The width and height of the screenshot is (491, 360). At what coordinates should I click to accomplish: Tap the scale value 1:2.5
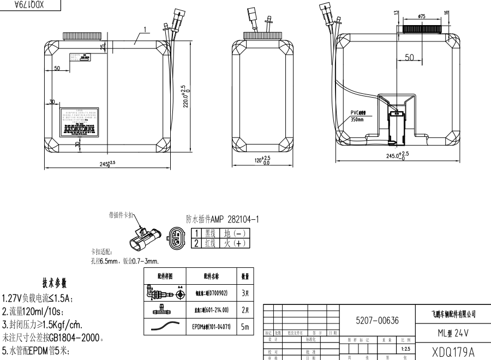(405, 347)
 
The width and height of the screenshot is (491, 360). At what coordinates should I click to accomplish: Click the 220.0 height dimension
(184, 97)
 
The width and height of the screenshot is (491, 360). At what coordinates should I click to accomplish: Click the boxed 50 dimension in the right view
(410, 58)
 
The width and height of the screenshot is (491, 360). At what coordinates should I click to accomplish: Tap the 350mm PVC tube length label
(357, 119)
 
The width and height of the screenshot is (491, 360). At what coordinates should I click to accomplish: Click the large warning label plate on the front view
(80, 123)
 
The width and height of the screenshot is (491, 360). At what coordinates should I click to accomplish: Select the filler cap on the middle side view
(261, 35)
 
